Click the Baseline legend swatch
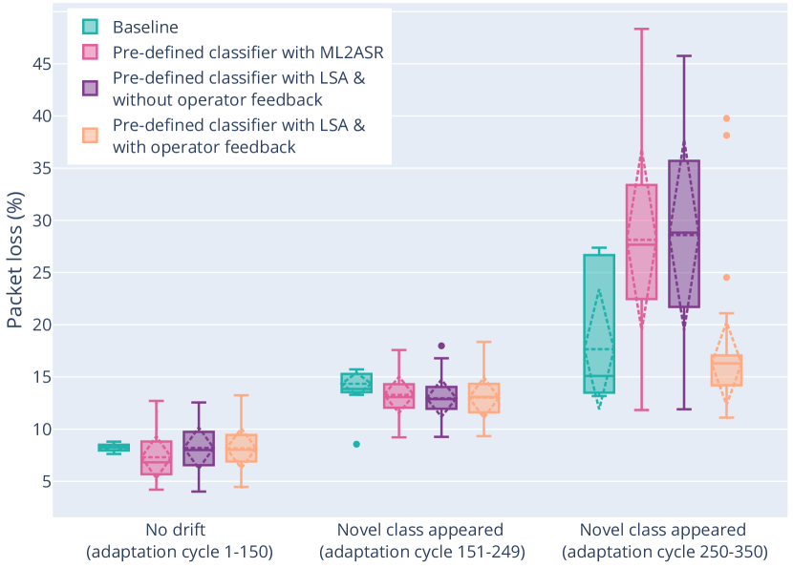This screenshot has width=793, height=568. (x=90, y=26)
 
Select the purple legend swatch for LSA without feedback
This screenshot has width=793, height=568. (x=90, y=88)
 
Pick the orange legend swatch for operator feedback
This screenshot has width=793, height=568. (x=90, y=136)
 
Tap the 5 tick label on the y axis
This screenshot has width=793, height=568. (x=43, y=481)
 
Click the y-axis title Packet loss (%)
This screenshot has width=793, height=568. (x=15, y=258)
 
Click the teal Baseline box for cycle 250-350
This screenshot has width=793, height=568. (x=599, y=324)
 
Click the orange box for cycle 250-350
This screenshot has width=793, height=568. (x=726, y=369)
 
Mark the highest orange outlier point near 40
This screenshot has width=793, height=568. (x=726, y=118)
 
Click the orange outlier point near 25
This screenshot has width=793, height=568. (x=726, y=277)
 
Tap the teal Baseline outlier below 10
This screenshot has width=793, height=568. (x=356, y=444)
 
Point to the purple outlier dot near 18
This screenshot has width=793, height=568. (x=441, y=346)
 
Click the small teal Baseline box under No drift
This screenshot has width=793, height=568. (x=114, y=448)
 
